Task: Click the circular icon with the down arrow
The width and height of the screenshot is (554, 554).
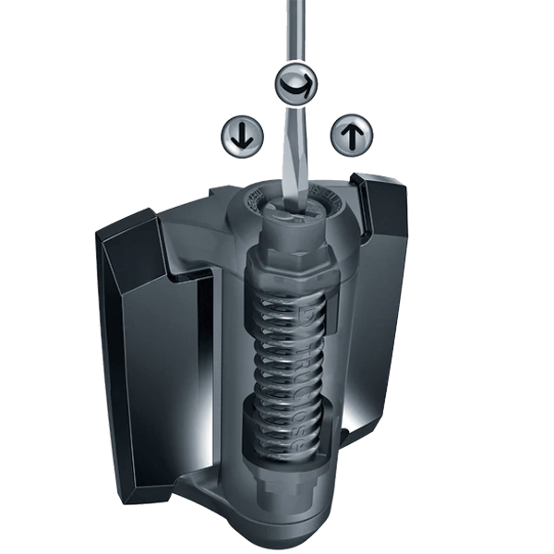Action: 242,136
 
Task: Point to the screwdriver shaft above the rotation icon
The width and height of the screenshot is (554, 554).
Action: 296,32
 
